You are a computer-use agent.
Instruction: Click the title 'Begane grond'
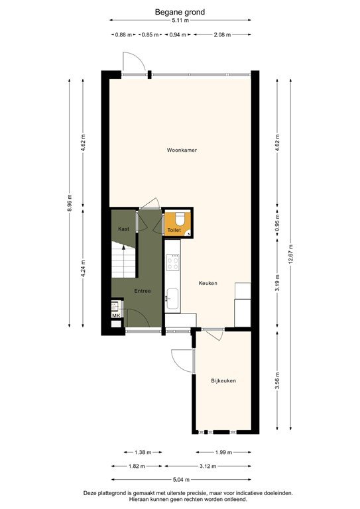[180, 11]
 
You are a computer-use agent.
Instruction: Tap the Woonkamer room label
[182, 150]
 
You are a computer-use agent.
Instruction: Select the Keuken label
[208, 283]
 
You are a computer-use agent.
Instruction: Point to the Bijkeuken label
[224, 380]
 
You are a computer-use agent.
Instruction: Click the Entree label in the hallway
[143, 291]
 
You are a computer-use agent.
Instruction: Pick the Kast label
[123, 229]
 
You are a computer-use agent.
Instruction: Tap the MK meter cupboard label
[116, 316]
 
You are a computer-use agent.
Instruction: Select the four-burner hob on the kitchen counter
[172, 263]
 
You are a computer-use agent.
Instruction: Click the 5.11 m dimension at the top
[180, 21]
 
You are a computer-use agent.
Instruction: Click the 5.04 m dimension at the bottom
[180, 479]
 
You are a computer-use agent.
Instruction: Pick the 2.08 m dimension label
[223, 34]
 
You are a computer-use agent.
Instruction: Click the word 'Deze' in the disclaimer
[91, 493]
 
